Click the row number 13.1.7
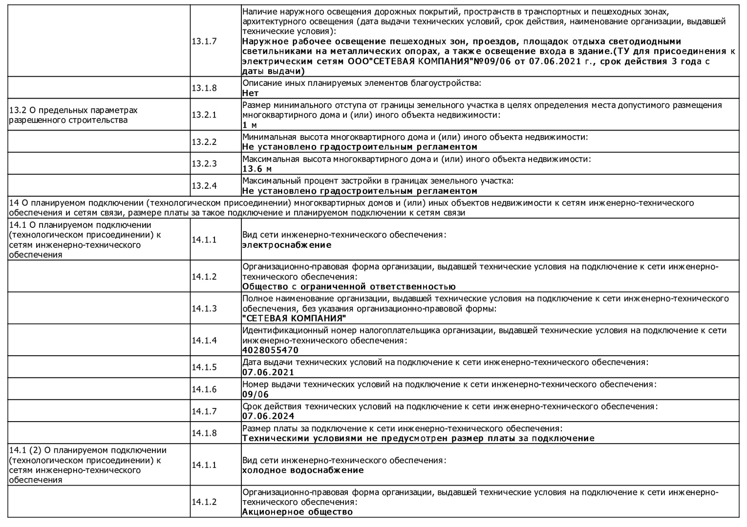(204, 41)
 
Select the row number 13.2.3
(204, 163)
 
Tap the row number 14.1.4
(204, 340)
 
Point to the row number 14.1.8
(204, 433)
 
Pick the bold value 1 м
(250, 125)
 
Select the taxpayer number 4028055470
(270, 350)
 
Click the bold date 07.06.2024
(268, 416)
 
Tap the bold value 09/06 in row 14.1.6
(256, 394)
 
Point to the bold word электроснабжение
(287, 245)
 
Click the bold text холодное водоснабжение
(303, 470)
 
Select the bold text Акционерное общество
(297, 512)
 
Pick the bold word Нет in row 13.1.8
(250, 93)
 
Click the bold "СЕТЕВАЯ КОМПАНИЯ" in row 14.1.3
(294, 319)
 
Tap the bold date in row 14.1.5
(268, 372)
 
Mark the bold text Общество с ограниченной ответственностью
(349, 286)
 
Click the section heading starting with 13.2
(73, 115)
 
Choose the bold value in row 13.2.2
(360, 147)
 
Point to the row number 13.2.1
(204, 115)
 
